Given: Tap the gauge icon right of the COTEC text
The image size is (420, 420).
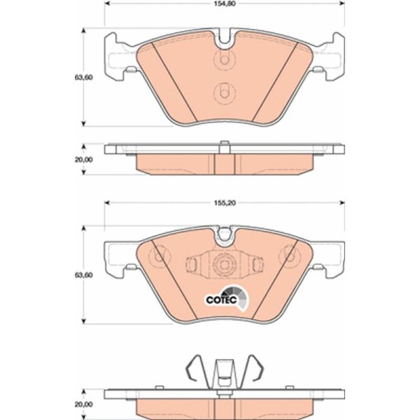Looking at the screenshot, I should (x=240, y=300).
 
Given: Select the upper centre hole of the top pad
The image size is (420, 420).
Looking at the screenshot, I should (x=223, y=59).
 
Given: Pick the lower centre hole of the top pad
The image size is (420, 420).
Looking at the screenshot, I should (x=223, y=92).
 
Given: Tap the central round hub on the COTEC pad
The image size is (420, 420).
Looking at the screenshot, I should (x=223, y=265).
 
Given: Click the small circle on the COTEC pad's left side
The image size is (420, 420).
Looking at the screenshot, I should (x=159, y=256).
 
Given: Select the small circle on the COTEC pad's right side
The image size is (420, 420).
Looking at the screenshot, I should (x=288, y=256).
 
